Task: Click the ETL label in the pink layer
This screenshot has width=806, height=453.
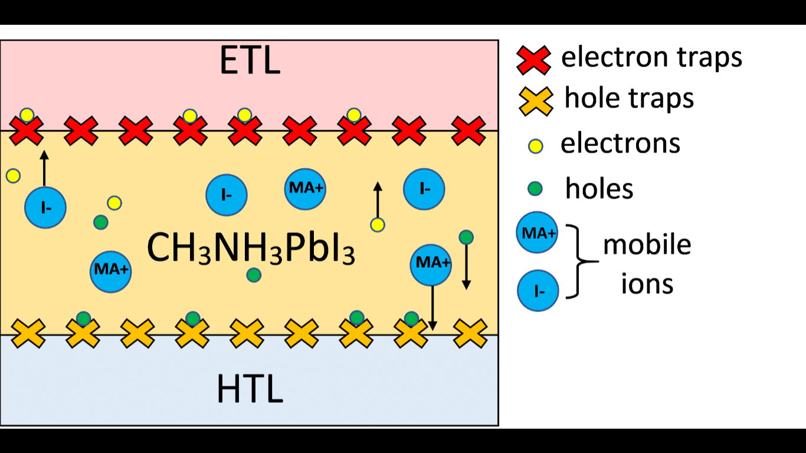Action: point(250,61)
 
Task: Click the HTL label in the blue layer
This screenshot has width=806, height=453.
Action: point(250,389)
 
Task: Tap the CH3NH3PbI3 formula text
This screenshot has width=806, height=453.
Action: point(251,248)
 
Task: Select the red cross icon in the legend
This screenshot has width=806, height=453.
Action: point(533,59)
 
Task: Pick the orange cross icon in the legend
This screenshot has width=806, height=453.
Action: point(535,101)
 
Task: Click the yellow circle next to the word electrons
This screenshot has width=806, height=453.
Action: point(536,146)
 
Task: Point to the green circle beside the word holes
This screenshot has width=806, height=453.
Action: point(535,189)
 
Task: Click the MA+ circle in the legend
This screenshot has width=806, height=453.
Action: point(537,232)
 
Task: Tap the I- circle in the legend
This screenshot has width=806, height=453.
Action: point(538,290)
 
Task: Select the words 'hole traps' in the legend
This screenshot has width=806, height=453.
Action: point(629,99)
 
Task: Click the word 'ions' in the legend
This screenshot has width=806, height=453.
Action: point(647,284)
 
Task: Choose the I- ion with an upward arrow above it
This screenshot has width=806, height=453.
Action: point(45,208)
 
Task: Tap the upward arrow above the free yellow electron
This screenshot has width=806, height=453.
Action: point(378,199)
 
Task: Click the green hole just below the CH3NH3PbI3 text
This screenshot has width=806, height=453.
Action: point(254,274)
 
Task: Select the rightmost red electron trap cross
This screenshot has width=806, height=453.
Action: point(469,131)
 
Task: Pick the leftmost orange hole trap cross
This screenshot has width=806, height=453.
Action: point(28,334)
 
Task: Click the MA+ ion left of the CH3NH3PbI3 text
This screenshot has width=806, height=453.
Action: point(110,271)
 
